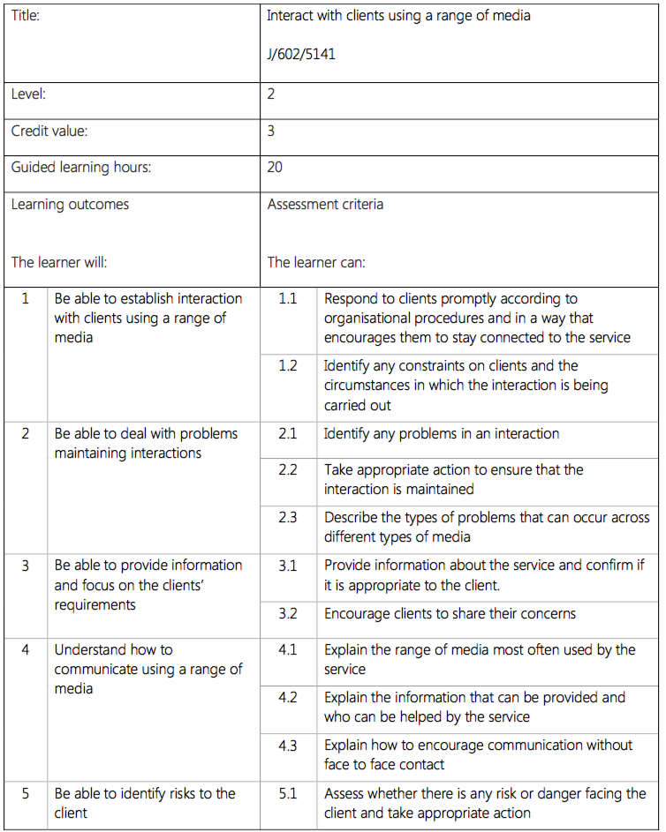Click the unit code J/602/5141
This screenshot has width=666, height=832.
point(300,55)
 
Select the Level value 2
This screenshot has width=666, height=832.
point(271,94)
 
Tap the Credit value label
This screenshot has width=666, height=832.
point(49,131)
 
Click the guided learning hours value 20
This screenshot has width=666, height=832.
point(275,168)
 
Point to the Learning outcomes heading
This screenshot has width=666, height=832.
point(70,205)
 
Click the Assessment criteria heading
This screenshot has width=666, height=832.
point(325,205)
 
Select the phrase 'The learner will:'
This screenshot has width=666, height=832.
point(59,263)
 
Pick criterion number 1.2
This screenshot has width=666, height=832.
point(288,366)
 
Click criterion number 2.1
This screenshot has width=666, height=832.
point(288,434)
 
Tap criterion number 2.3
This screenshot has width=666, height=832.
point(288,518)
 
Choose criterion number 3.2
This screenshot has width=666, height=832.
point(288,614)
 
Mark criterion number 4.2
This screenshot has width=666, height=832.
point(288,698)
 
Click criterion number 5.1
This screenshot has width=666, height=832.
point(288,794)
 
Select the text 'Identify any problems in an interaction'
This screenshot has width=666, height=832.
point(442,434)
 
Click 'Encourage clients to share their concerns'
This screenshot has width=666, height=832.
point(450,614)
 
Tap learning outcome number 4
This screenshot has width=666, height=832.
point(26,650)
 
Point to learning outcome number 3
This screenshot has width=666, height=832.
point(26,566)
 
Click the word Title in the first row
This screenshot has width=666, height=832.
point(26,16)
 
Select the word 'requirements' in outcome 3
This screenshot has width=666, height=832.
point(95,605)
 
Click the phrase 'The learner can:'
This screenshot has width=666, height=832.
point(316,263)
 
